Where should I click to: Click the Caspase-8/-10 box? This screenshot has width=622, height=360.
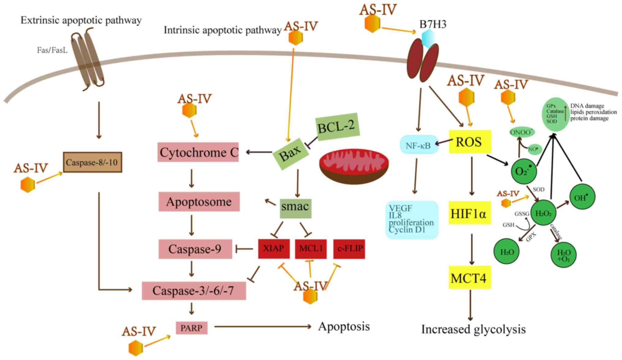pyautogui.click(x=92, y=162)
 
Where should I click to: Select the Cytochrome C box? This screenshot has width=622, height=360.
pyautogui.click(x=198, y=152)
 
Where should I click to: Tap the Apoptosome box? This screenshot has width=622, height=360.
pyautogui.click(x=199, y=202)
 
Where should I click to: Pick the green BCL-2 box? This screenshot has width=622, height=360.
pyautogui.click(x=337, y=127)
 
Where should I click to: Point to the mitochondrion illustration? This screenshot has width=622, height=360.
pyautogui.click(x=354, y=166)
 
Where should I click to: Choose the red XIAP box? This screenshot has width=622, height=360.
pyautogui.click(x=273, y=248)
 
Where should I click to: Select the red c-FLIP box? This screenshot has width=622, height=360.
pyautogui.click(x=349, y=248)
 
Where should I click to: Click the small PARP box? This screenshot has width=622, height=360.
pyautogui.click(x=191, y=328)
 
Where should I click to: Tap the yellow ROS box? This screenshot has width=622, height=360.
pyautogui.click(x=470, y=142)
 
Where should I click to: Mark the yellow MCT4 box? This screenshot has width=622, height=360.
pyautogui.click(x=469, y=278)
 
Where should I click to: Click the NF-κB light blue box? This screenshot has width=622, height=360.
pyautogui.click(x=419, y=145)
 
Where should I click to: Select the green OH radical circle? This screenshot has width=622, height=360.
pyautogui.click(x=582, y=197)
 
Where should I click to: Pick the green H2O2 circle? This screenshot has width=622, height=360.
pyautogui.click(x=543, y=213)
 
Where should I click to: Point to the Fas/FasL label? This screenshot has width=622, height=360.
pyautogui.click(x=52, y=50)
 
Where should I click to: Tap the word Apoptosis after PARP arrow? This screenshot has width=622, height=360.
pyautogui.click(x=344, y=327)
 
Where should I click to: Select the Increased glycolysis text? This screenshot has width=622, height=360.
pyautogui.click(x=473, y=329)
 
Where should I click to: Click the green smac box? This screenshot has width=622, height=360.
pyautogui.click(x=295, y=207)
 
